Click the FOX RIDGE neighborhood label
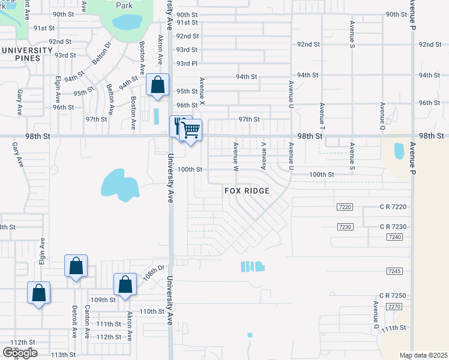tap(247, 191)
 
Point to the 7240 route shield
tap(394, 238)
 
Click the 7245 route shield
tap(394, 272)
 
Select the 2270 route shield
tap(394, 307)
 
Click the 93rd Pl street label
tap(186, 64)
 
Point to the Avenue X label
tap(202, 89)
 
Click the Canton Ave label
tap(87, 321)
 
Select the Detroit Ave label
tap(74, 322)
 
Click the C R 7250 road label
tap(393, 296)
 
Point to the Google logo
tap(20, 353)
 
